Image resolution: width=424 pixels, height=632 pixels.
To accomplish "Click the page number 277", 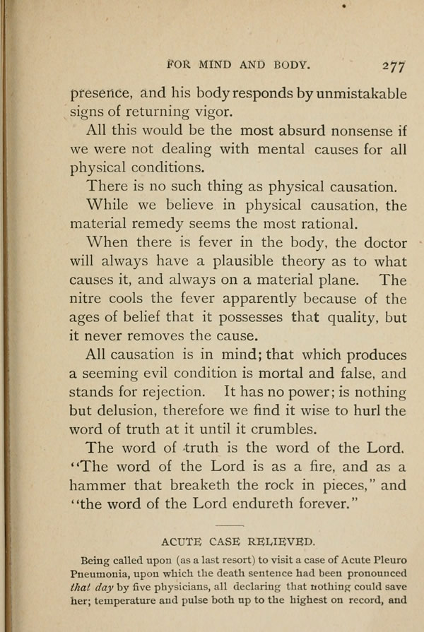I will click(392, 65).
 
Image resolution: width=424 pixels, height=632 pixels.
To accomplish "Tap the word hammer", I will click(97, 485).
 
